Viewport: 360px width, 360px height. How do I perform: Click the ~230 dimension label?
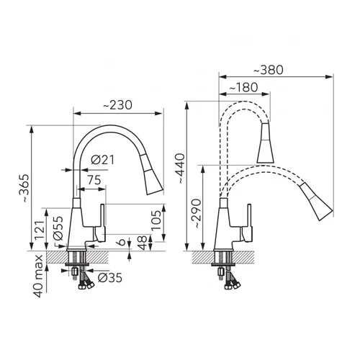click(118, 105)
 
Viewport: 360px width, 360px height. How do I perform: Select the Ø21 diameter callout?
click(103, 160)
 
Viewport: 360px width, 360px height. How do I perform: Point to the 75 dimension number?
click(94, 180)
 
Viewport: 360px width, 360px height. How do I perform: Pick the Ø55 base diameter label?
click(58, 228)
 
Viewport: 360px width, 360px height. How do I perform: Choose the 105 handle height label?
click(156, 220)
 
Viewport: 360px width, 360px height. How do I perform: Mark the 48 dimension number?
click(143, 243)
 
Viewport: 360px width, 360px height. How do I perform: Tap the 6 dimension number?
click(122, 242)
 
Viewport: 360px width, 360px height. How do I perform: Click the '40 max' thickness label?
click(38, 276)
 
